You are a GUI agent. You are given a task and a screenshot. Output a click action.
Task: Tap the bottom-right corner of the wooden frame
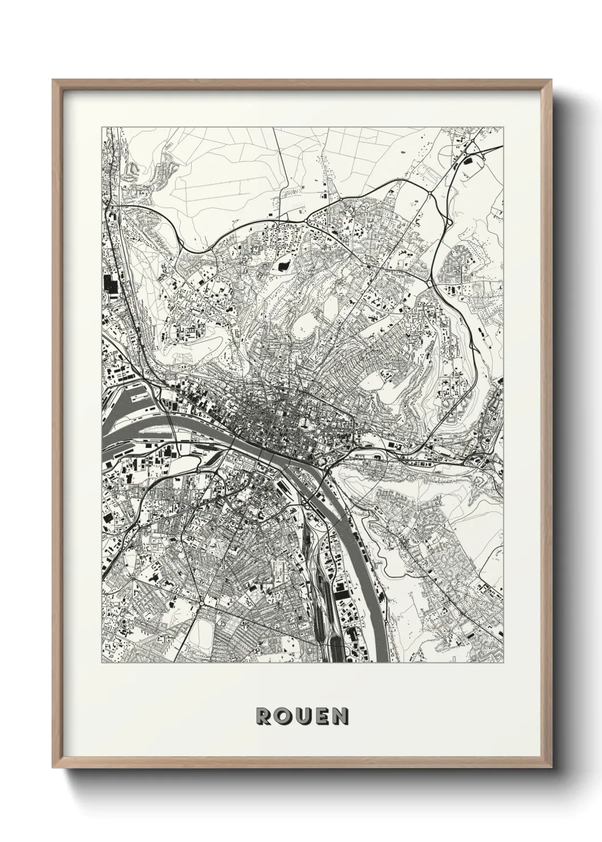(x=550, y=766)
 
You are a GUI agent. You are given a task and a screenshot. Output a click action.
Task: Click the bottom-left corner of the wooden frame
(x=53, y=766)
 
